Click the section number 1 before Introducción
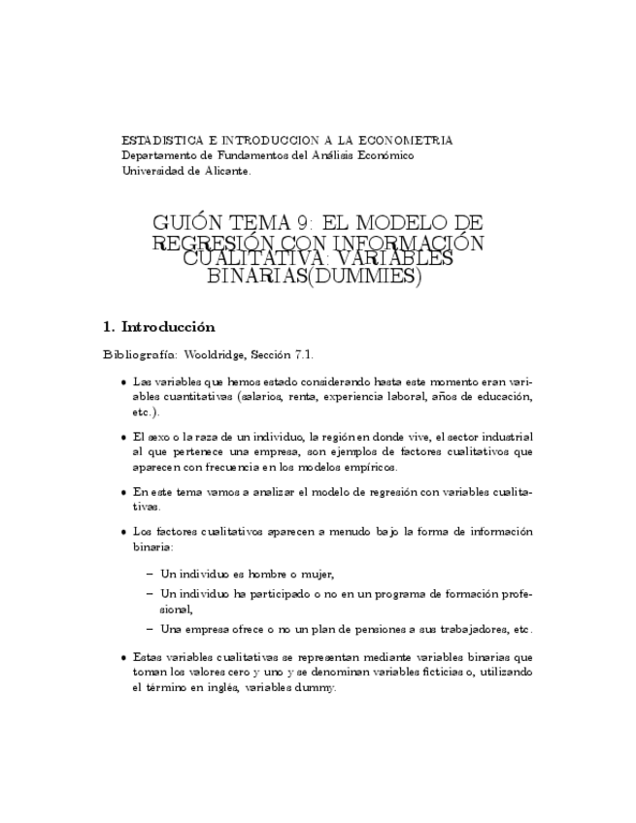108,326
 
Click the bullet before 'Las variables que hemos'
122,381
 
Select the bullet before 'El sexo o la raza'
122,437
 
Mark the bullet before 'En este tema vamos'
122,492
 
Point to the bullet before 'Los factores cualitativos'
122,532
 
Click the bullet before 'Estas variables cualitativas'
122,657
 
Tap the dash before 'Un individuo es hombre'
150,574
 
